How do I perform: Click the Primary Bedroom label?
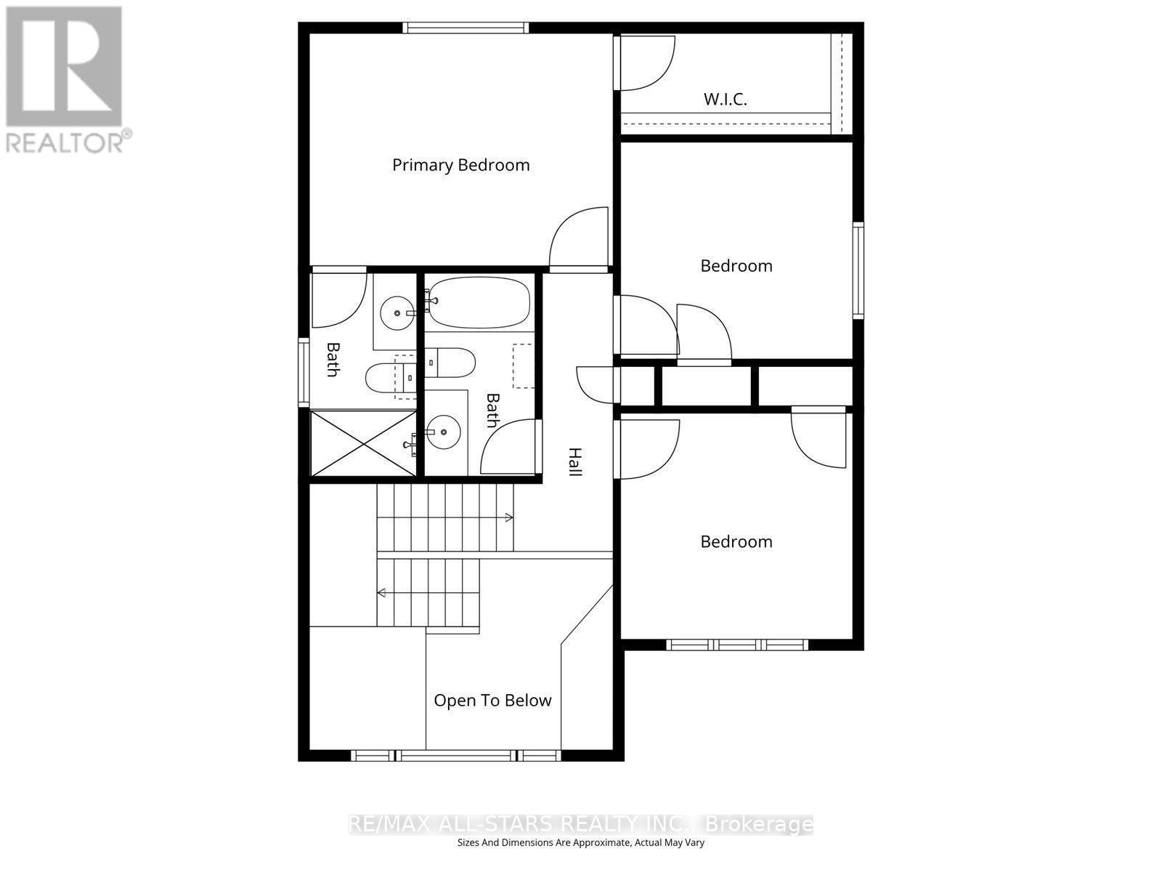pos(460,165)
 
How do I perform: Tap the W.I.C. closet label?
pos(725,100)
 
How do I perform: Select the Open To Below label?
pos(492,701)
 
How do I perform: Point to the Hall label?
pos(574,462)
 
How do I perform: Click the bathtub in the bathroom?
pos(477,302)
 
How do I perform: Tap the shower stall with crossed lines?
pos(363,443)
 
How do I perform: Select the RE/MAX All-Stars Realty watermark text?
pos(581,824)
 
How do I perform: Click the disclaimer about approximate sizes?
pos(581,843)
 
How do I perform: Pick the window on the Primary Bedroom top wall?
pos(466,28)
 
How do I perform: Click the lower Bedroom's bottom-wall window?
pos(737,645)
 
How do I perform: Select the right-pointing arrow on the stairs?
pos(508,517)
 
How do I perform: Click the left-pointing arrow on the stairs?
pos(381,593)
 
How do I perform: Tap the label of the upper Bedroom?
pos(736,266)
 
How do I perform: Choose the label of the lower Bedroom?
pos(736,542)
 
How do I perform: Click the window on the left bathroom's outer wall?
pos(304,371)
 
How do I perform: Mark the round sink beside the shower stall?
pos(442,432)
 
